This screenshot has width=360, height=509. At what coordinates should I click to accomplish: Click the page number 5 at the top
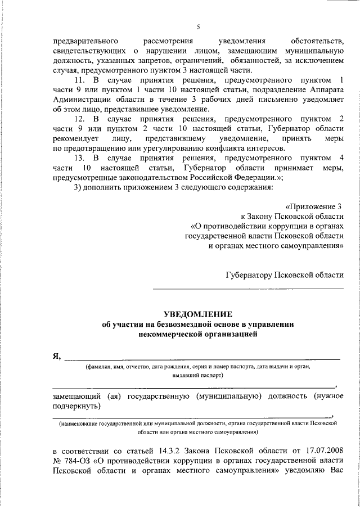(x=197, y=26)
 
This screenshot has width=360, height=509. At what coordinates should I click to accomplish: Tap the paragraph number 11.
(x=80, y=81)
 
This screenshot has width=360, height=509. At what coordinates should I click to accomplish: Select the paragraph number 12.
(x=80, y=119)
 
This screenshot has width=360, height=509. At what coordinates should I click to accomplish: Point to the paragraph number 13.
(x=80, y=158)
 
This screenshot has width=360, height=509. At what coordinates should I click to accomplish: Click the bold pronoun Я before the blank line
(x=56, y=356)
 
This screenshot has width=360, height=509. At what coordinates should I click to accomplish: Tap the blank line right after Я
(x=202, y=358)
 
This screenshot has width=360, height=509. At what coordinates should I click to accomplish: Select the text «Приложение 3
(x=321, y=206)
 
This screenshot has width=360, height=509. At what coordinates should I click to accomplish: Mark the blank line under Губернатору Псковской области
(x=248, y=289)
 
